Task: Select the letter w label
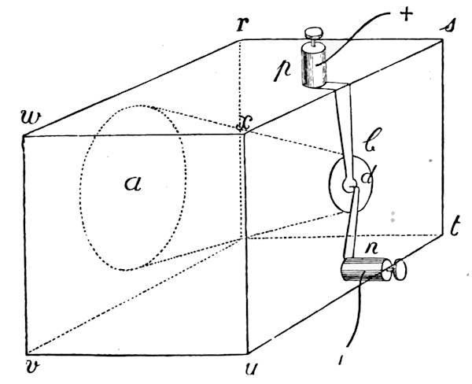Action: tap(31, 117)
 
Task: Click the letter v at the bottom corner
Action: tap(32, 367)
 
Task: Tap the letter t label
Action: tap(455, 227)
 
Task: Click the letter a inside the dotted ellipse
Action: tap(133, 183)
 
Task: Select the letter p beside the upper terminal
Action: tap(282, 72)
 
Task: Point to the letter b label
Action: tap(373, 139)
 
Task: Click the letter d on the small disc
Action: tap(367, 175)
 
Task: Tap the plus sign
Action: tap(407, 14)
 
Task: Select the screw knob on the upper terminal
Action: tap(314, 32)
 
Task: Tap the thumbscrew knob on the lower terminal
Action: tap(400, 269)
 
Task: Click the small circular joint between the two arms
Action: tap(349, 185)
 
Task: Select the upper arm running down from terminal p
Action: tap(344, 132)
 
